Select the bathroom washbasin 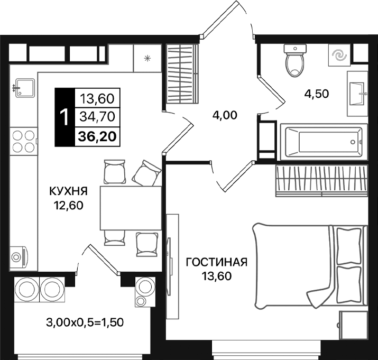358,93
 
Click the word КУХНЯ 68,191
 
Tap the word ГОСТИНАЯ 217,262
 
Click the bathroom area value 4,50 316,94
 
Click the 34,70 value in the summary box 98,117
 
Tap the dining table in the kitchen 130,208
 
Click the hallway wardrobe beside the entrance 182,75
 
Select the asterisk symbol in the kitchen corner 147,58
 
